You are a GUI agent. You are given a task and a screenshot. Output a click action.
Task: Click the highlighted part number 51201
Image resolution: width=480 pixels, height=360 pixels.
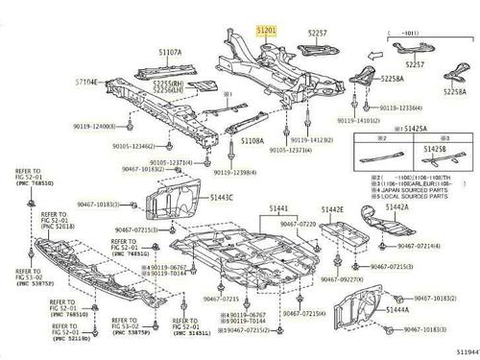click(x=266, y=32)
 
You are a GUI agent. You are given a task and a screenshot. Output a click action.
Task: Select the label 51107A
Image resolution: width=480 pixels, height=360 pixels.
click(x=170, y=52)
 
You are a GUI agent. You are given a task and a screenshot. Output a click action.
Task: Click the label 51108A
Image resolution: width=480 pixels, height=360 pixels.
click(x=252, y=140)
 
